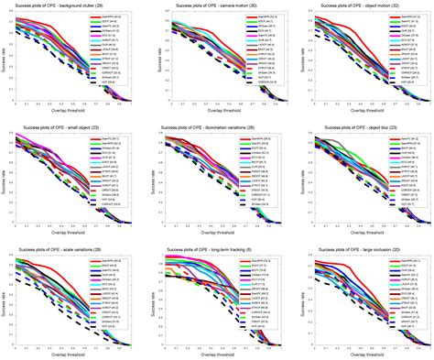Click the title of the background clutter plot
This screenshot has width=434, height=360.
click(71, 6)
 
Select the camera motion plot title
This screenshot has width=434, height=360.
click(218, 6)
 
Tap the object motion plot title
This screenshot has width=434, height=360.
click(364, 6)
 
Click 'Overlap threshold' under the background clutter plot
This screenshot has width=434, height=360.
click(71, 117)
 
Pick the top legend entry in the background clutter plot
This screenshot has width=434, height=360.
click(112, 17)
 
